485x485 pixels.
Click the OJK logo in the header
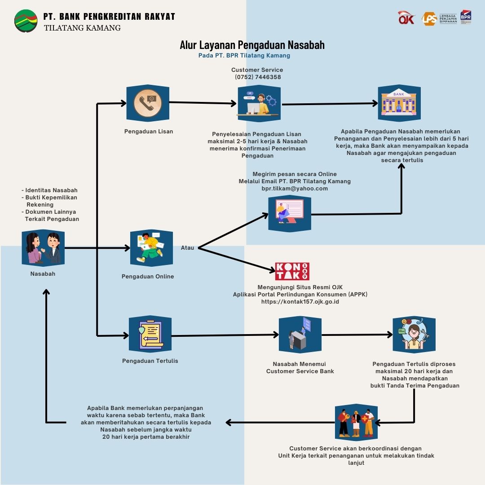(x=407, y=18)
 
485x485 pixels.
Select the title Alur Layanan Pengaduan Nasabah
(x=252, y=45)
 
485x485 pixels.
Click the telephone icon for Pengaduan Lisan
(x=147, y=103)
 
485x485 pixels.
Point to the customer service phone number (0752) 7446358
(x=257, y=77)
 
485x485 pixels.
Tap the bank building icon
(x=399, y=103)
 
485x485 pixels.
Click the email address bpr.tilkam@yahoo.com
(x=295, y=189)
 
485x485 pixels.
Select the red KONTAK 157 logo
(x=292, y=271)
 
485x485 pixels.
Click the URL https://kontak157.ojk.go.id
(x=300, y=302)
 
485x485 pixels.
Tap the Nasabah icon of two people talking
(x=43, y=248)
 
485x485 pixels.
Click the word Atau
(x=187, y=248)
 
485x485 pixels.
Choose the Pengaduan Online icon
(x=151, y=248)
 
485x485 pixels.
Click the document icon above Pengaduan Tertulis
(x=150, y=334)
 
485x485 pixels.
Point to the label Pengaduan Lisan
(x=149, y=132)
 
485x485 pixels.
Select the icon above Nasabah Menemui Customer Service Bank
(x=300, y=335)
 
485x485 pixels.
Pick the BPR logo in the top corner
(x=466, y=17)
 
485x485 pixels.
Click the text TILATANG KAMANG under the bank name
(x=82, y=28)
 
